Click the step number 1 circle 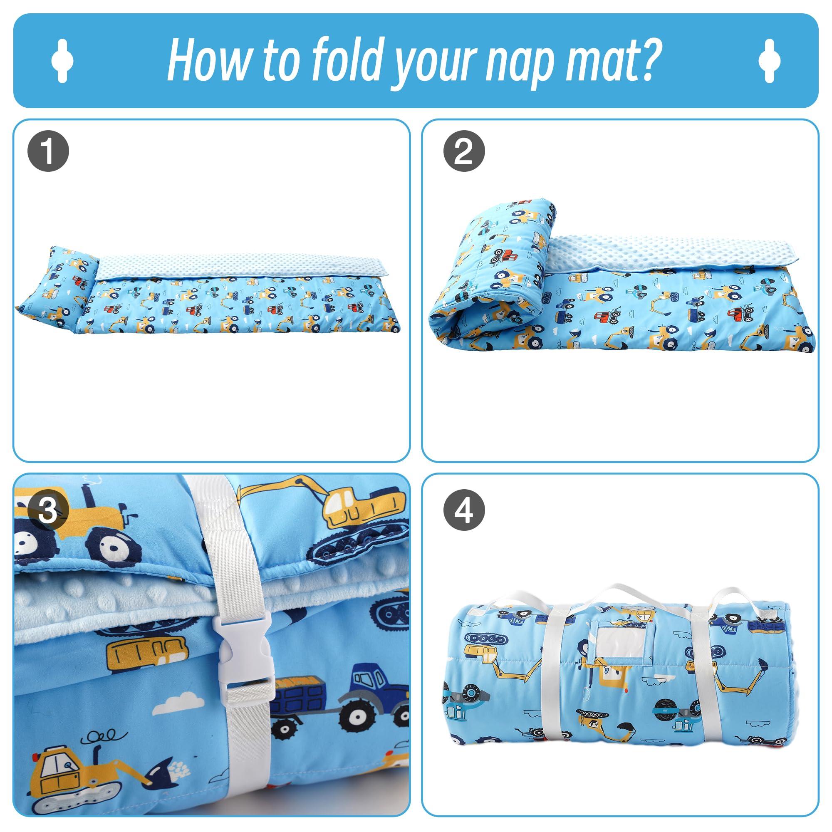[x=48, y=151]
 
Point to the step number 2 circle [x=464, y=151]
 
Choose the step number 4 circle [x=464, y=510]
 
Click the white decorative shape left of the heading [x=62, y=61]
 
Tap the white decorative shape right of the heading [x=770, y=61]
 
